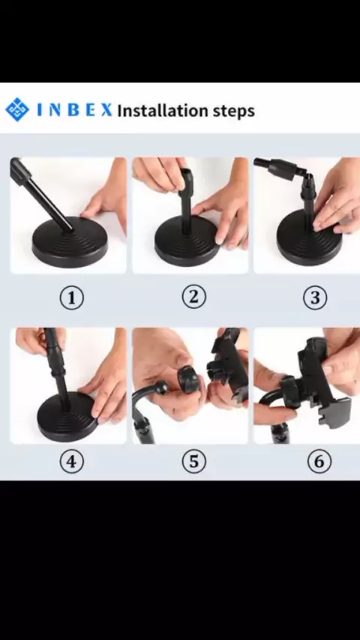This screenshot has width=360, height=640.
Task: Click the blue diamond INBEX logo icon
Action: click(x=17, y=109)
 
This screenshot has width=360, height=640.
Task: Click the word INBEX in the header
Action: click(x=74, y=110)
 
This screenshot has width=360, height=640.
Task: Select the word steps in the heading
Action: click(x=232, y=112)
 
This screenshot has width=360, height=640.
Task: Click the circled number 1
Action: click(x=71, y=298)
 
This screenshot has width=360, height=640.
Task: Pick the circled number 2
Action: click(x=193, y=297)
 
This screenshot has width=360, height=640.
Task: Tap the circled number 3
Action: click(x=315, y=298)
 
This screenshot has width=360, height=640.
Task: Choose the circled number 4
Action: click(x=71, y=462)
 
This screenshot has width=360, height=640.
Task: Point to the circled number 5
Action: click(x=193, y=462)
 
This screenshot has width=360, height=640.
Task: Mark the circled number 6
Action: click(x=319, y=462)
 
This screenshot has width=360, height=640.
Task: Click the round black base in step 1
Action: click(x=70, y=243)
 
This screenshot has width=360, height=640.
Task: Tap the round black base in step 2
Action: click(x=187, y=241)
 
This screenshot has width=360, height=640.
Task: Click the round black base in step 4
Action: click(x=67, y=417)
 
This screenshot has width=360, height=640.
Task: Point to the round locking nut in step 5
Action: click(x=187, y=378)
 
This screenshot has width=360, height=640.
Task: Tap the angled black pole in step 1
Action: click(x=40, y=194)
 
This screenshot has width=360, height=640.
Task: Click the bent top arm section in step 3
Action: click(x=280, y=168)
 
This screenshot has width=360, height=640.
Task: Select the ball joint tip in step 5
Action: click(x=161, y=387)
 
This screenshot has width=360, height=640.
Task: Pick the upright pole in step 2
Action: click(x=186, y=200)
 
